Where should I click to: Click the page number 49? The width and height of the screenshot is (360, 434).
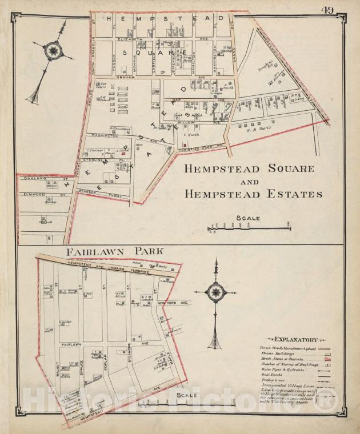[327, 10]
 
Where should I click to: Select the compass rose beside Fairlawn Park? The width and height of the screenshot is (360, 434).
[215, 293]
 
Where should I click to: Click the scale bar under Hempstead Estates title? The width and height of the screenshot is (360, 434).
[249, 228]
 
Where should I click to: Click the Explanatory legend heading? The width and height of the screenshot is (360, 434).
[295, 339]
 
